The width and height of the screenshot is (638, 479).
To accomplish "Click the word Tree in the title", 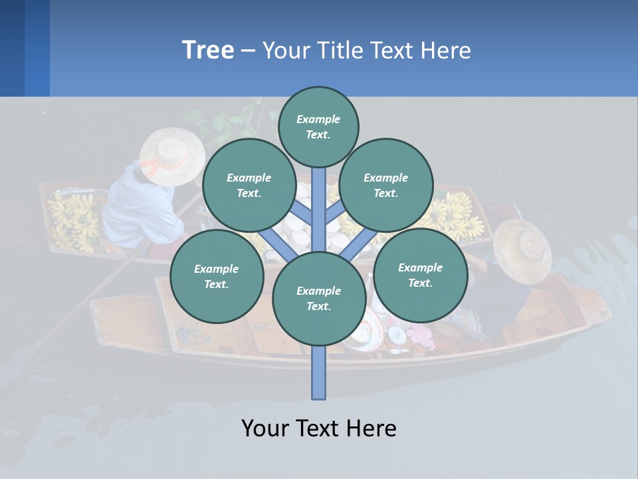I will click(x=208, y=51).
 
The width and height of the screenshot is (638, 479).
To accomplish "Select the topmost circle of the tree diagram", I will click(x=318, y=126).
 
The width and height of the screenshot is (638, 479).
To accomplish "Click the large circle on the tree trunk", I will click(x=318, y=298).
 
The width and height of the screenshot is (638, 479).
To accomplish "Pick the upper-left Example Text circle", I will click(x=249, y=185).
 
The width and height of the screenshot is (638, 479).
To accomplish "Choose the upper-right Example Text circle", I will click(x=385, y=185).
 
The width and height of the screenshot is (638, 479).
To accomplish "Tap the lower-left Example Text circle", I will click(x=216, y=276).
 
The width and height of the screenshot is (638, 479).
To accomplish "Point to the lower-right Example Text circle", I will click(x=420, y=275).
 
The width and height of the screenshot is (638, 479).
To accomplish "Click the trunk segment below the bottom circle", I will click(x=318, y=373).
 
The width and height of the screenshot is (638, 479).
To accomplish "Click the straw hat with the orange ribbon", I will click(x=172, y=156).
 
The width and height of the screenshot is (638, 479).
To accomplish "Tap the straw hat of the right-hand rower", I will click(x=522, y=249).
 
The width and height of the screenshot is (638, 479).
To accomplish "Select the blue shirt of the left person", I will click(x=140, y=206).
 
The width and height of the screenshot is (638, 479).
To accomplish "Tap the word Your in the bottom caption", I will click(x=265, y=428).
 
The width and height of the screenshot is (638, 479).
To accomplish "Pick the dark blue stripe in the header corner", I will click(x=12, y=48).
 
